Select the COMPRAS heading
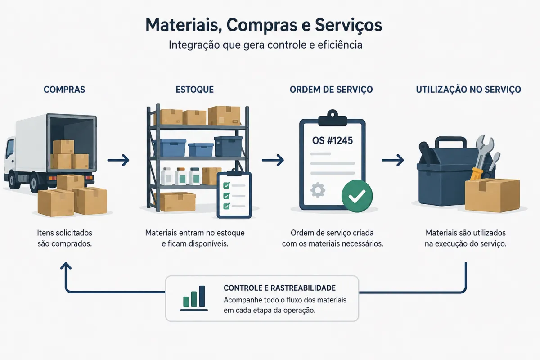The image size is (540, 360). pos(64,90)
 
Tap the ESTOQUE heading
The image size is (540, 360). pos(194,90)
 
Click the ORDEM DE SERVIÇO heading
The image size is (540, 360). pos(331,90)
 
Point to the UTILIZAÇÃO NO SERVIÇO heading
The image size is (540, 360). pos(468,90)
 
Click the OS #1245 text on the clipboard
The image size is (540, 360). pos(333,140)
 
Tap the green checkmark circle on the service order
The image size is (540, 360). pos(357,196)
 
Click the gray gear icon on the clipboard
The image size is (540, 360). pos(318,190)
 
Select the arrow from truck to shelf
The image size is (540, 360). pos(118,160)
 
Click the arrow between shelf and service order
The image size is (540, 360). pos(273,160)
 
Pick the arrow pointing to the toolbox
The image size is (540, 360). pos(393,160)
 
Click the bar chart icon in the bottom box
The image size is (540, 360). pos(194,298)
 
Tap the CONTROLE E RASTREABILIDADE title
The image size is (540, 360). pos(279,288)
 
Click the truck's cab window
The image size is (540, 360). pos(10,148)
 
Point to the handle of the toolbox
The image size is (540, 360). pos(450,142)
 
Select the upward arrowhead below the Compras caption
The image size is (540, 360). pos(66,265)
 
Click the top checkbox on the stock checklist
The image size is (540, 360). pos(226,185)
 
